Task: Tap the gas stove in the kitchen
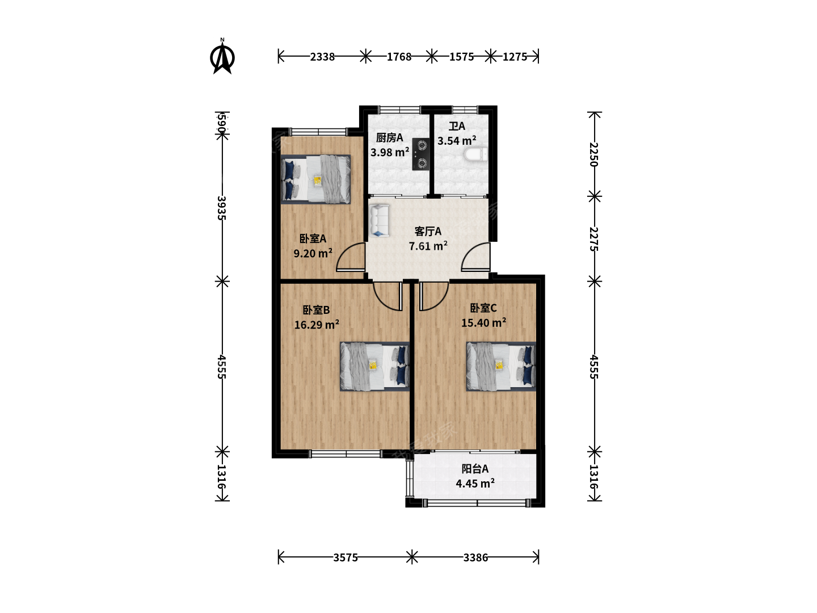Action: (x=420, y=154)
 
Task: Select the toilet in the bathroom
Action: (x=475, y=154)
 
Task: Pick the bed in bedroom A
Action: (x=315, y=179)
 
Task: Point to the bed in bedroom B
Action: (x=375, y=367)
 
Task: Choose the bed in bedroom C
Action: (x=502, y=367)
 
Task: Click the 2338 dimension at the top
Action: (x=322, y=57)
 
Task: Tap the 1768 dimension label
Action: (x=399, y=57)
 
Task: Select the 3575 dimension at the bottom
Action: (x=346, y=557)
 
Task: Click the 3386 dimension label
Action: (x=475, y=557)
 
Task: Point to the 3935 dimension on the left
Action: (x=222, y=208)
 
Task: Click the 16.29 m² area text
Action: (x=317, y=325)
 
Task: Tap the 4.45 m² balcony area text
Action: (x=475, y=484)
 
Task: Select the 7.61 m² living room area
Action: (x=428, y=246)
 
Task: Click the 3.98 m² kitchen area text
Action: (x=390, y=152)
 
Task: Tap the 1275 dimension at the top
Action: (x=515, y=57)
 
